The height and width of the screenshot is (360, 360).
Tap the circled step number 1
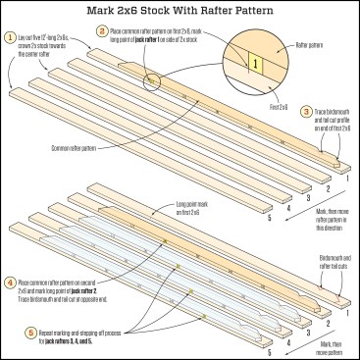point(9,36)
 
